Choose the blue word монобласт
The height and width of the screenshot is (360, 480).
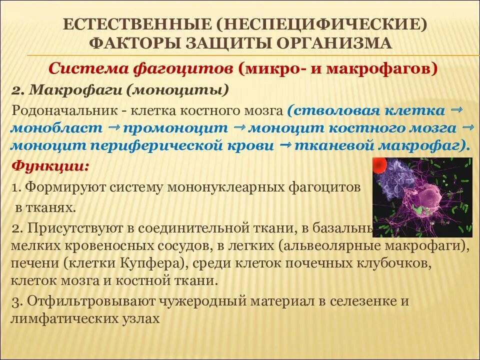click(56, 128)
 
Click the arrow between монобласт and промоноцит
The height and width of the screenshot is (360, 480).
click(112, 127)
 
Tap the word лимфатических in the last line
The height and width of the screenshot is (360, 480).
click(62, 318)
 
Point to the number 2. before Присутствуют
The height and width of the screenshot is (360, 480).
click(17, 228)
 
